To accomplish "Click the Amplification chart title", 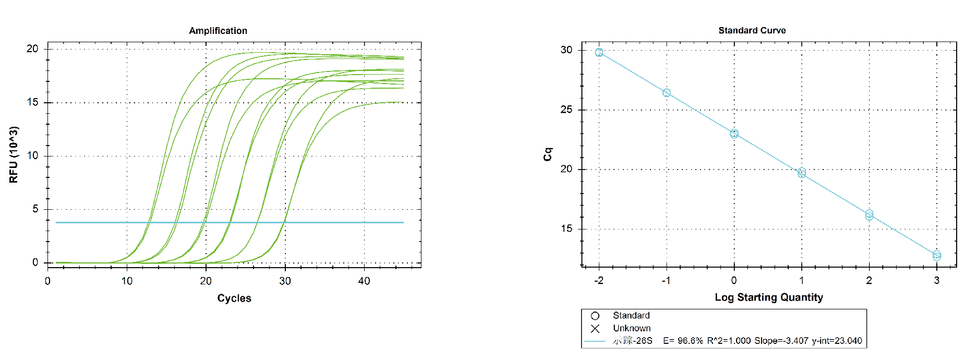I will click(218, 31).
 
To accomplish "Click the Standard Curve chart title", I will click(752, 30).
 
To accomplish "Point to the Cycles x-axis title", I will click(234, 298).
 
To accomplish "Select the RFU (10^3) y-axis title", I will click(14, 154).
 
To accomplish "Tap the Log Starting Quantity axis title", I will click(768, 297).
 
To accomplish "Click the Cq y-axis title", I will click(548, 154).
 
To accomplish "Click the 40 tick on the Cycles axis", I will click(364, 281).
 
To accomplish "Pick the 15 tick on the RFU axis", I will click(32, 102).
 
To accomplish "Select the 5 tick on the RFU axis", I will click(35, 209).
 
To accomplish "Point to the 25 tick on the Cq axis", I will click(566, 110).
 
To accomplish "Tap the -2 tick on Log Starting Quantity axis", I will click(598, 281).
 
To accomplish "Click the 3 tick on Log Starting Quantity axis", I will click(936, 281).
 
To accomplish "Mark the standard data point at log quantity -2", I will click(599, 52).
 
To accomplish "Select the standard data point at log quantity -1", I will click(667, 93).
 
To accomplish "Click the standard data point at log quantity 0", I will click(734, 134).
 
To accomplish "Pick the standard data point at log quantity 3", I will click(937, 255).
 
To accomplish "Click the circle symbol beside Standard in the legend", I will click(595, 316).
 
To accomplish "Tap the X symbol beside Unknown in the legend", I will click(595, 329).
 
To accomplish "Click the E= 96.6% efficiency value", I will click(683, 341).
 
